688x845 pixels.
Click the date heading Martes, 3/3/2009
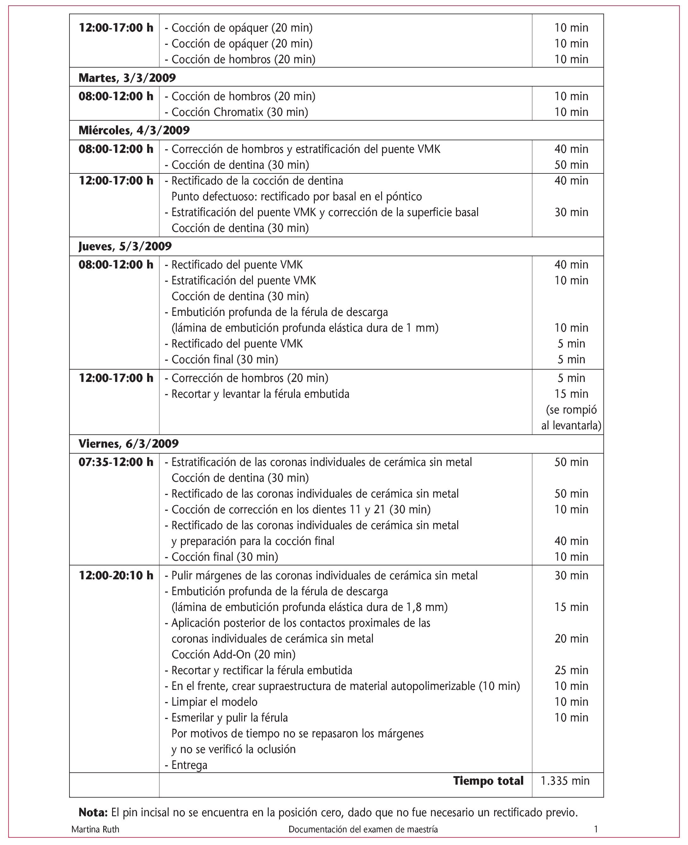127,78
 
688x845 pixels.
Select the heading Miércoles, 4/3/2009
134,130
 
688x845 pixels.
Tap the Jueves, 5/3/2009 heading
125,246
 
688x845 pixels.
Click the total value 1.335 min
565,781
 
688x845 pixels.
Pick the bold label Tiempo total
488,781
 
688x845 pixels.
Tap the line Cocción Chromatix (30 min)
239,112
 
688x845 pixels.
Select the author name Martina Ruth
95,829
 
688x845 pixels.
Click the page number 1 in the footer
596,829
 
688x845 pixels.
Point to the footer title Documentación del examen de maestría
363,829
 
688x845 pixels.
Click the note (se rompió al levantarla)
571,418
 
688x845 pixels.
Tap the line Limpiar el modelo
214,702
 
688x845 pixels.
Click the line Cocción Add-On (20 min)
233,654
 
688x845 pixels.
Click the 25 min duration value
571,670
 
